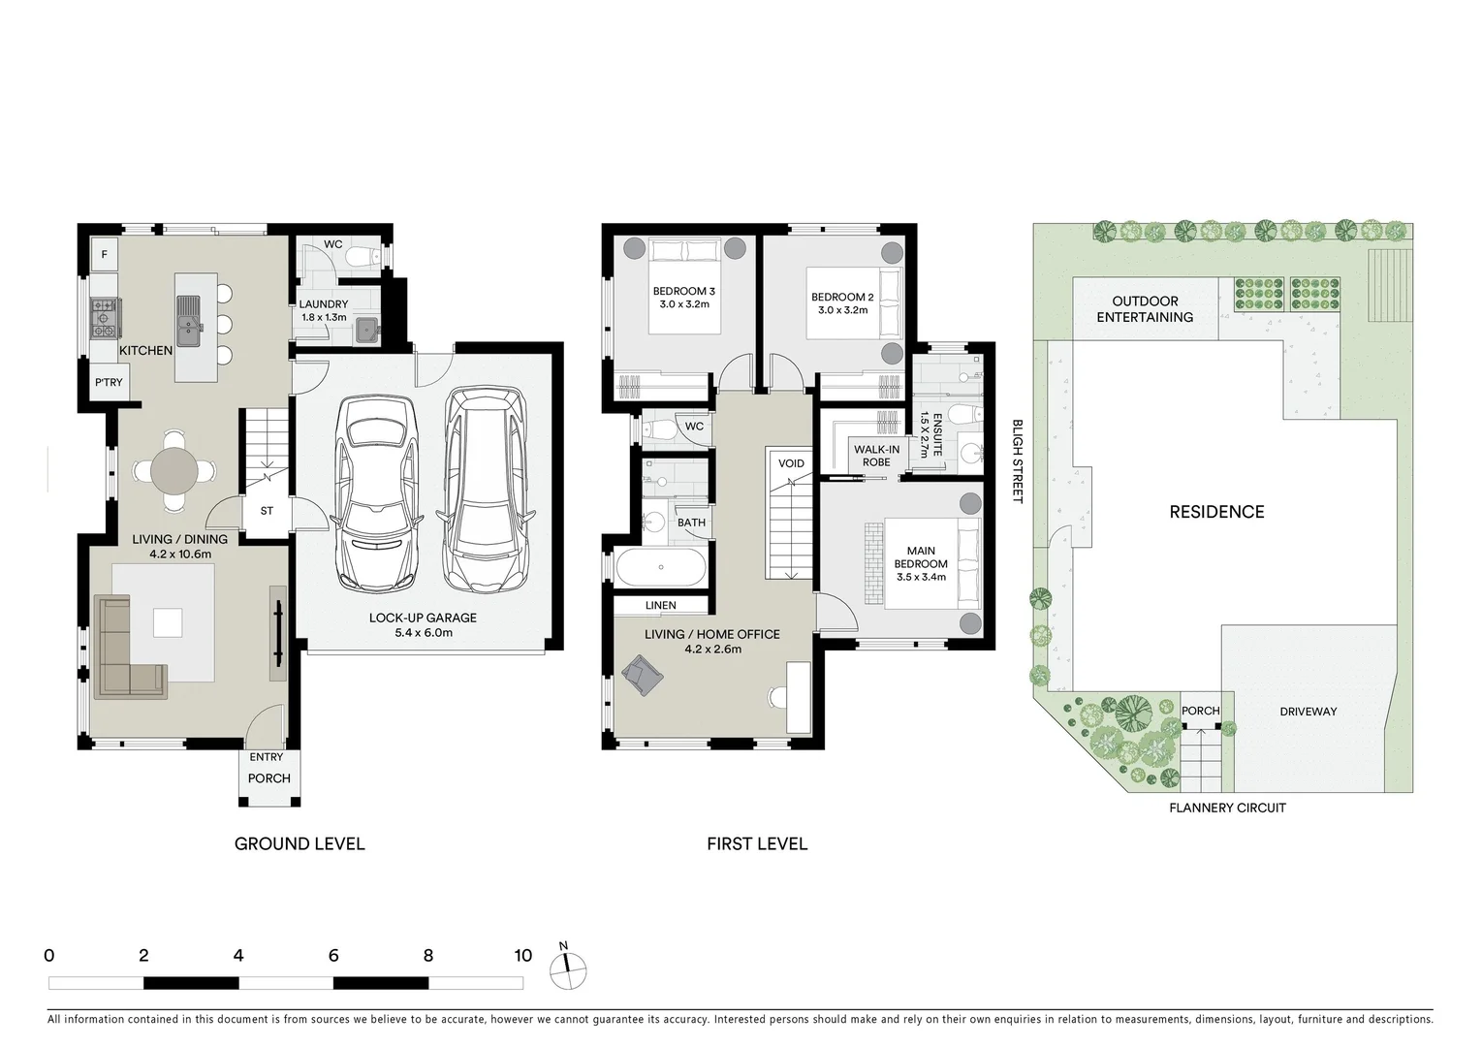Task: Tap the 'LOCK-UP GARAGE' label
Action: (x=423, y=618)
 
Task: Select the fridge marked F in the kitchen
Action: (x=104, y=254)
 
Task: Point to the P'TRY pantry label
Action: (x=109, y=382)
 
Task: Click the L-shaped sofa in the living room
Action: (x=125, y=650)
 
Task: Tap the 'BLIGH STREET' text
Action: (x=1017, y=460)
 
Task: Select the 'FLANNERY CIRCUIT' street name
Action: (x=1227, y=808)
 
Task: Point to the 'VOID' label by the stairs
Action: (x=791, y=463)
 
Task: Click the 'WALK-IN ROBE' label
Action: (x=876, y=456)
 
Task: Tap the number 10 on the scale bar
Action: (x=522, y=956)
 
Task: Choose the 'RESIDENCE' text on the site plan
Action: (x=1216, y=512)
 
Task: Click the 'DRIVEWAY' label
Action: (x=1308, y=712)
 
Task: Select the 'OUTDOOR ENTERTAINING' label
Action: (x=1145, y=309)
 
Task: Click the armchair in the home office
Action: (x=643, y=673)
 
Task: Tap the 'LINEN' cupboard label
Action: (x=660, y=606)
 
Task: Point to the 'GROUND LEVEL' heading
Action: (x=300, y=843)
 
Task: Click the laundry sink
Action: (x=366, y=330)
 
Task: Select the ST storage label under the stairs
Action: (x=267, y=511)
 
